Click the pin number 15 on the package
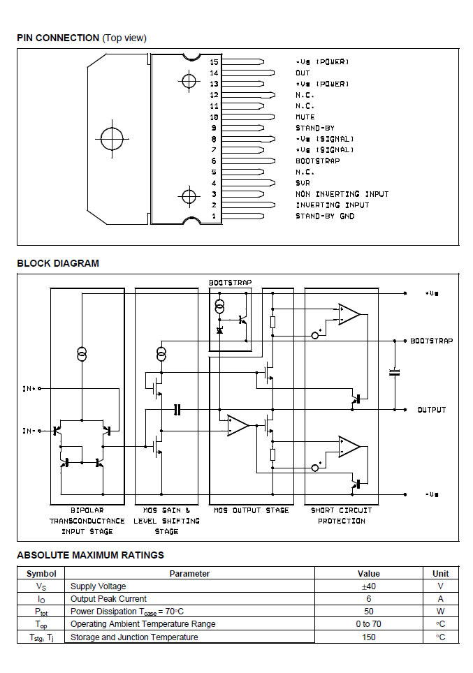point(214,62)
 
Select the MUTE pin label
point(305,117)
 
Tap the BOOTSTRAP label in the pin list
point(317,161)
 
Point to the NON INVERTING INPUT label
point(342,194)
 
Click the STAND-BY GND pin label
point(325,216)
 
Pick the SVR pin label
point(303,183)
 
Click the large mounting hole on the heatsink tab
point(112,139)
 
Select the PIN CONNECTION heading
point(58,38)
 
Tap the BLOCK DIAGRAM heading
point(58,263)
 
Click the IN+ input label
point(29,388)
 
